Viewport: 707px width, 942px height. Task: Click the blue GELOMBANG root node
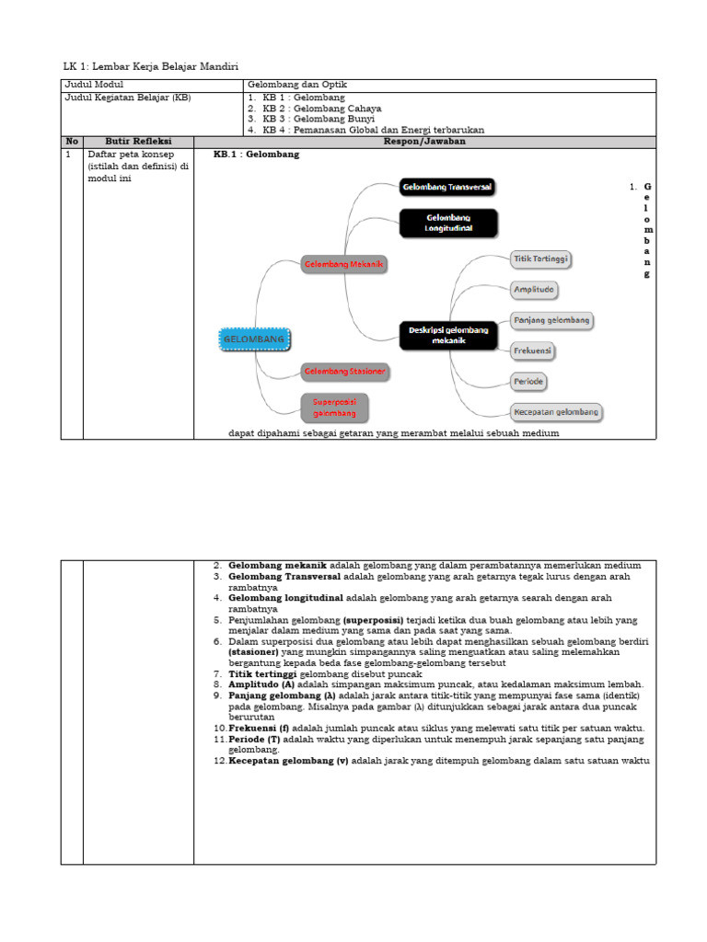254,339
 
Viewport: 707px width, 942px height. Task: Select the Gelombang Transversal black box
447,187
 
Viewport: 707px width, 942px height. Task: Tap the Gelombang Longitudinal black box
448,223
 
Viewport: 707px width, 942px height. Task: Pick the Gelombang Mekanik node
343,265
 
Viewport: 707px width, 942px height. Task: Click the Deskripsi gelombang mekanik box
448,335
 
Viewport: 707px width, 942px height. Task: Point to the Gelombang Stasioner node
345,372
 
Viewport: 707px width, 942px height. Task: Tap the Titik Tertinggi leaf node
540,259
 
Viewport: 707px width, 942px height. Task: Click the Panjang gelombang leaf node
551,320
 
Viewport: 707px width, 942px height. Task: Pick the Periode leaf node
528,381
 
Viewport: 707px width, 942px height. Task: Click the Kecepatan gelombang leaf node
556,412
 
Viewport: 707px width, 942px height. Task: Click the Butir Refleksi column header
138,142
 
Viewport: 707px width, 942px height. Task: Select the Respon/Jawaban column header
424,142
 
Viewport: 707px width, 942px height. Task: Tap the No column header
72,142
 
